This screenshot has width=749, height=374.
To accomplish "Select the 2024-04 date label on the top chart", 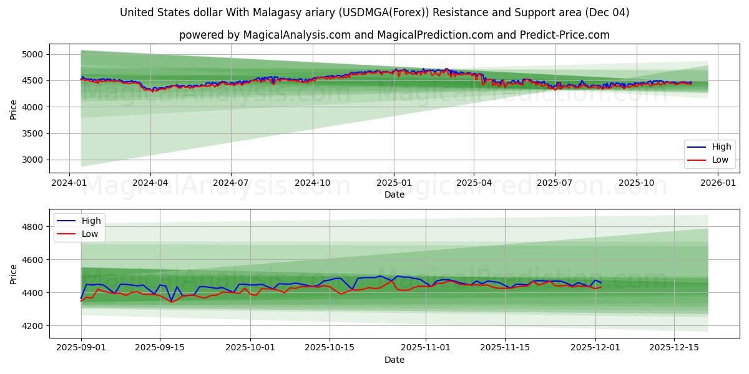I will [150, 183].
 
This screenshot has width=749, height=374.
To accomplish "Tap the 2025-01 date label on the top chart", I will [393, 183].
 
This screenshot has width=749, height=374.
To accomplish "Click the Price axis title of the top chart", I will [14, 109].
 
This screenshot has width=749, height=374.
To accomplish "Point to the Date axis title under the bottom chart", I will [394, 360].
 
